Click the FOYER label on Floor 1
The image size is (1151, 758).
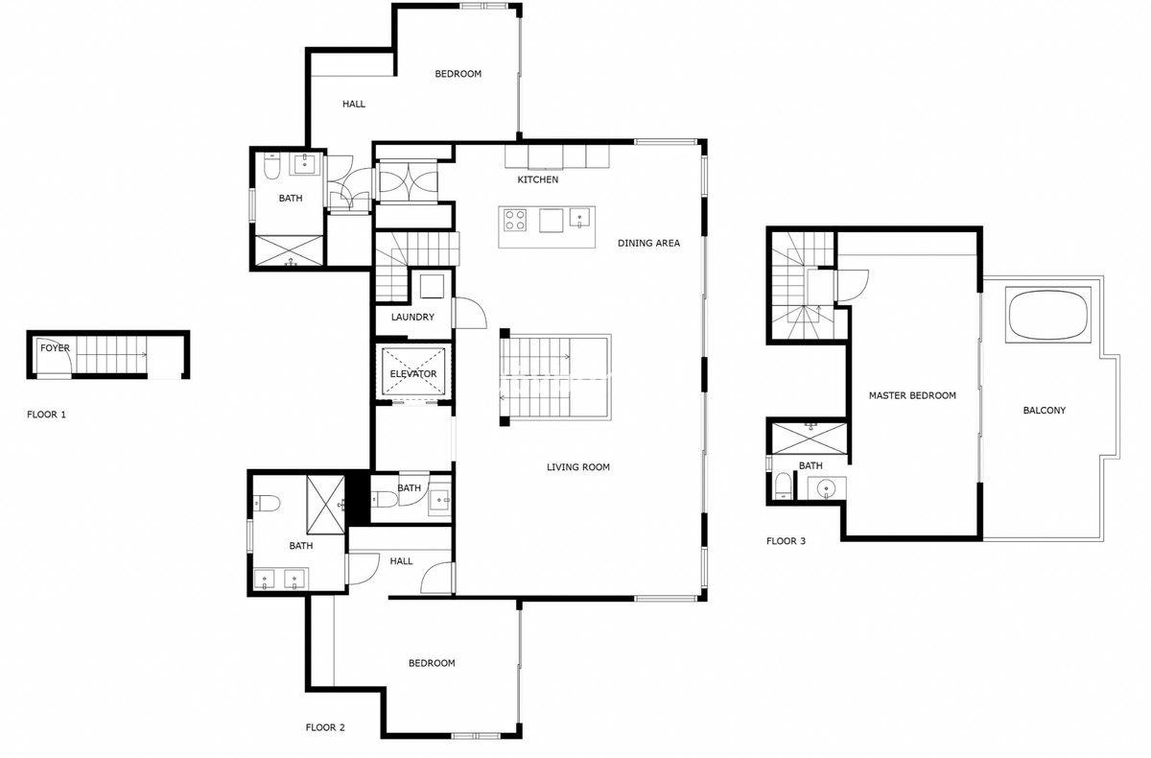(55, 348)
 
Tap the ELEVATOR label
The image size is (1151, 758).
(413, 374)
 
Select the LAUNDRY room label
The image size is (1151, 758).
(412, 318)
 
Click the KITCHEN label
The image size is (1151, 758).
(537, 179)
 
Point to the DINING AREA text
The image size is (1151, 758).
(648, 244)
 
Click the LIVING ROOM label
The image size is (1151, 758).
(578, 467)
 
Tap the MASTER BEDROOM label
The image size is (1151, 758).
(912, 395)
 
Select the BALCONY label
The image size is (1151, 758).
(1045, 411)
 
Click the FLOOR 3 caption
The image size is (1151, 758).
(786, 541)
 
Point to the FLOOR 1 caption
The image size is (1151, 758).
(47, 415)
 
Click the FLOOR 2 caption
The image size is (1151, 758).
(325, 727)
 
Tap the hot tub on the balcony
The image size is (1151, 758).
(1048, 316)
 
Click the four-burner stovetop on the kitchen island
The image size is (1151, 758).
(515, 220)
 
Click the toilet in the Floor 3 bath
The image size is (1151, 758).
(783, 486)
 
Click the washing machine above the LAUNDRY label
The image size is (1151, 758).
(431, 286)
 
